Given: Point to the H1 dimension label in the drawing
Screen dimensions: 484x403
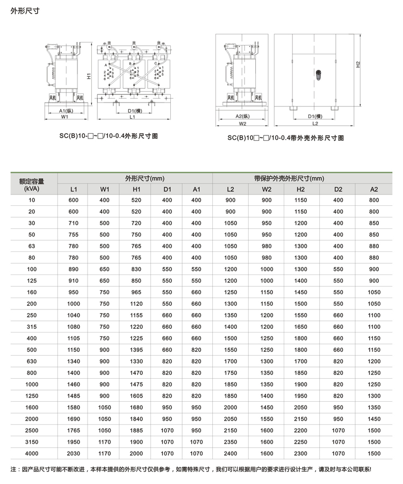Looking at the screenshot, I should coord(88,76).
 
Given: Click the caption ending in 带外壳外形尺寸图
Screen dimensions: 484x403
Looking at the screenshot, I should coord(285,138).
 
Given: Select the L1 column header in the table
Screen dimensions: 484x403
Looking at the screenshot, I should coord(74,189).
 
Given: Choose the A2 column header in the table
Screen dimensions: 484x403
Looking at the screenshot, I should coord(374,189).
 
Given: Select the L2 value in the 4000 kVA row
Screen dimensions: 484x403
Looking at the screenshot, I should coord(231,453).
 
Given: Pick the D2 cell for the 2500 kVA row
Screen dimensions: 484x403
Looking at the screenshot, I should coord(338,430).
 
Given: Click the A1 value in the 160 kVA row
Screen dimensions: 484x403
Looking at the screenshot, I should coord(196,292).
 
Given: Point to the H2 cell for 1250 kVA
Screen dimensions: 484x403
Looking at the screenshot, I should coord(300,396).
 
